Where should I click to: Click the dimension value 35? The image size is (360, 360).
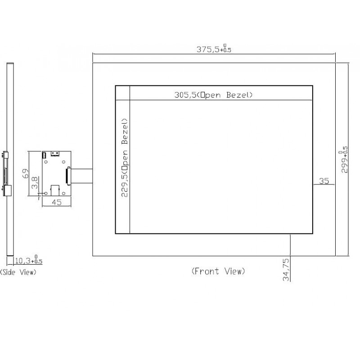[324, 181]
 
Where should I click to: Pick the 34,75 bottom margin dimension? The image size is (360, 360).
[286, 269]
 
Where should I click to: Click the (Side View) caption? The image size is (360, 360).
[18, 272]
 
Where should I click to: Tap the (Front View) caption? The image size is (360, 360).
[218, 271]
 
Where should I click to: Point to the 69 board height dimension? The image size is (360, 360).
[26, 172]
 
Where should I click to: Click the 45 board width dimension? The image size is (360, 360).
[56, 202]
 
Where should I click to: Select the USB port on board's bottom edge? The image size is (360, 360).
[55, 190]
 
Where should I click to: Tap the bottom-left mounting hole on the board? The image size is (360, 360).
[46, 193]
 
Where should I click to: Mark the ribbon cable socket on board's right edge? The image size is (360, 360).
[68, 175]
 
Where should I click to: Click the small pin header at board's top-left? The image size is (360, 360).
[45, 155]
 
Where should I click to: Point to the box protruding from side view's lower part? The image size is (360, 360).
[8, 190]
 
